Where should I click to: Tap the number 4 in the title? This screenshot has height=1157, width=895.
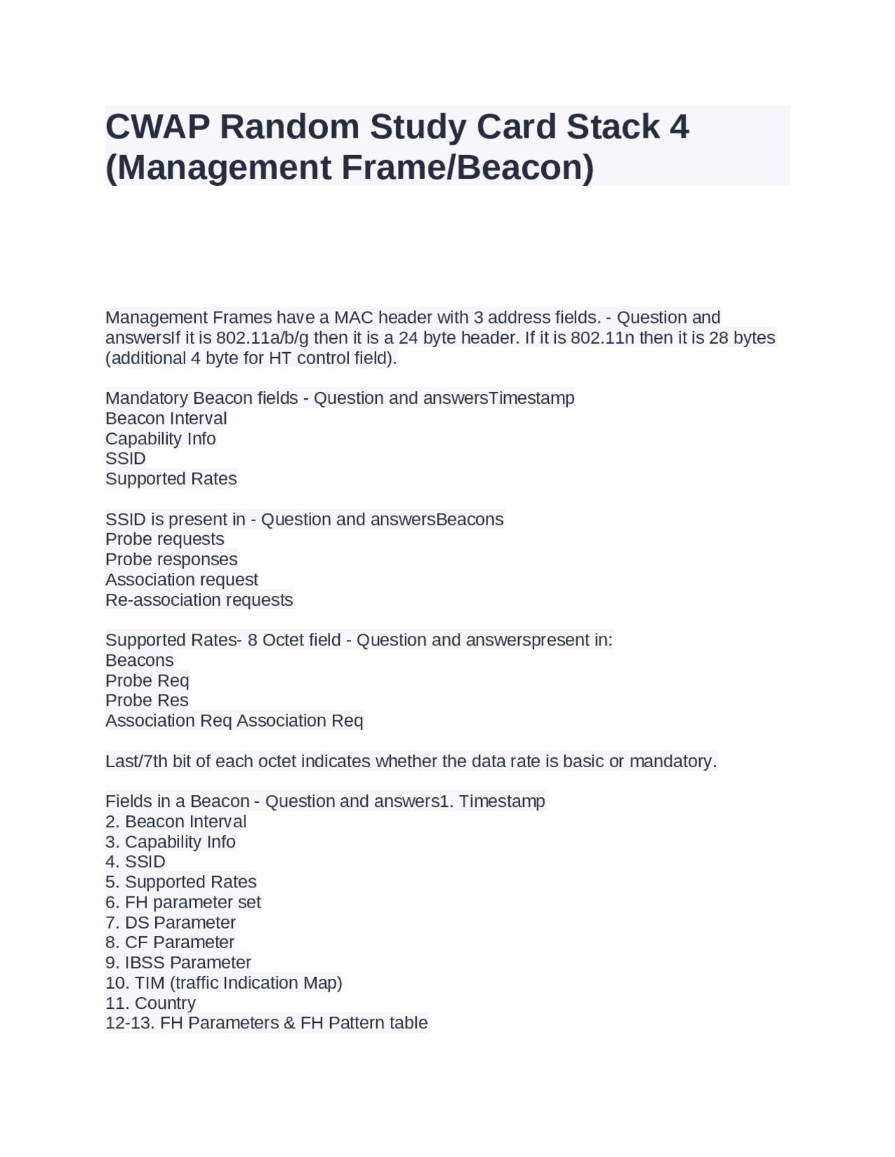[678, 126]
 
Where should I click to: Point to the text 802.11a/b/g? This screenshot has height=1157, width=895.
[262, 338]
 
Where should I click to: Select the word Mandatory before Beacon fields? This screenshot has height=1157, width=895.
[147, 398]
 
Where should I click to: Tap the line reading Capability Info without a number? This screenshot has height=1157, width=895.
[160, 439]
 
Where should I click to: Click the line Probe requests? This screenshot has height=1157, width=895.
[164, 539]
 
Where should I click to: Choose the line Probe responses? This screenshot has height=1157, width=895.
[171, 560]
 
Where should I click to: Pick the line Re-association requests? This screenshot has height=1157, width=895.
[199, 600]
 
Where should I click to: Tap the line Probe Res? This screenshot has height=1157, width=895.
[147, 701]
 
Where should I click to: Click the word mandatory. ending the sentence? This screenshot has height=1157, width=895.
[673, 762]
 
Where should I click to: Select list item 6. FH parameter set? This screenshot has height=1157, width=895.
[183, 903]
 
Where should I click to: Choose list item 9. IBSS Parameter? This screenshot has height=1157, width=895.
[178, 963]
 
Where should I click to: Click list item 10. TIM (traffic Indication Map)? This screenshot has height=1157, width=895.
[224, 983]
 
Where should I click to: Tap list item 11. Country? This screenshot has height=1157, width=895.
[150, 1003]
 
